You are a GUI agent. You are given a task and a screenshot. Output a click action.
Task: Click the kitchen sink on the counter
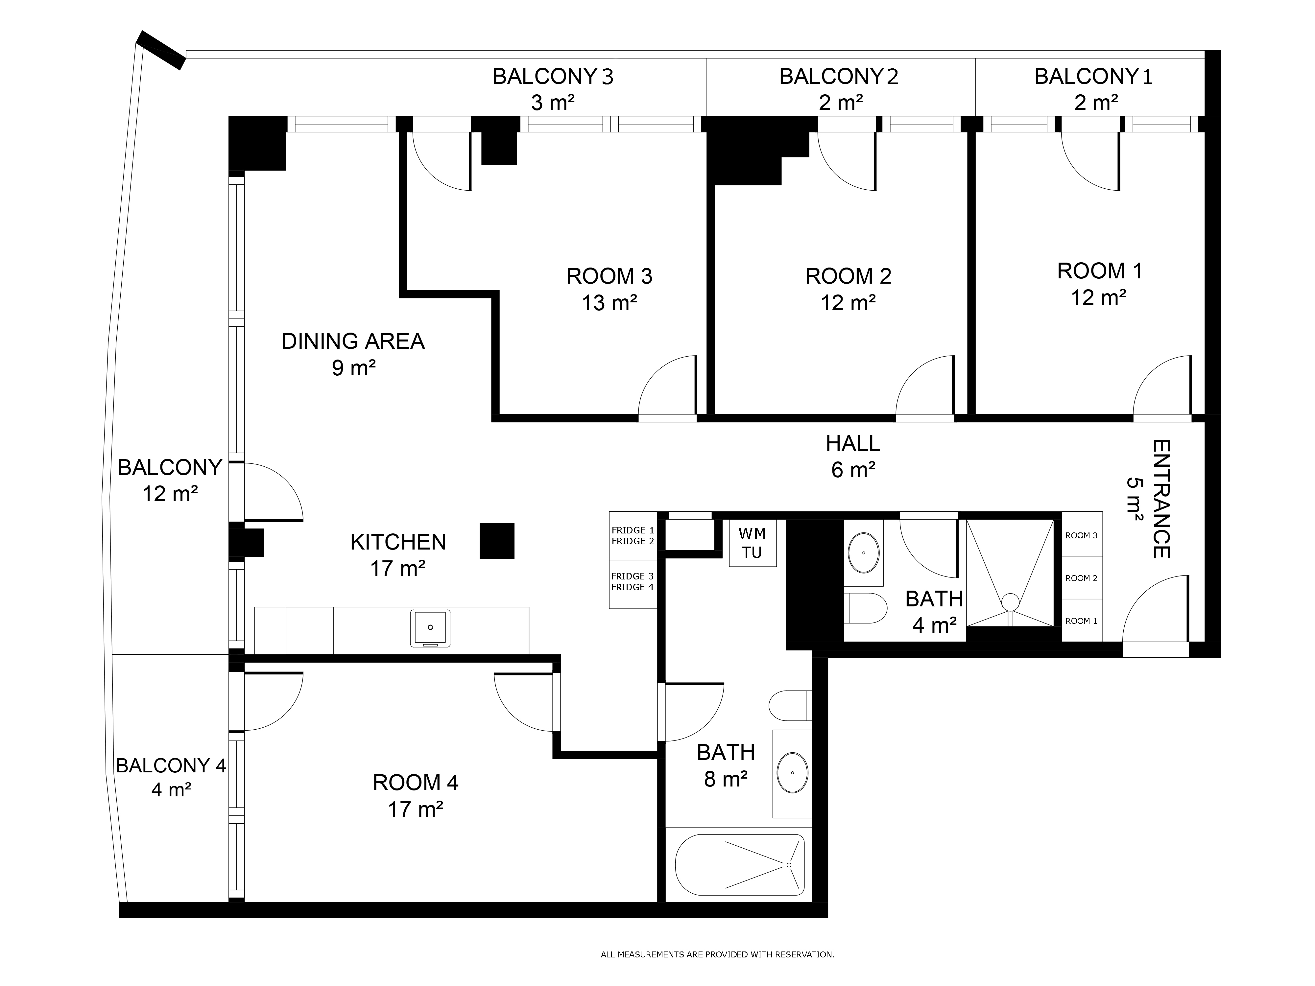tap(430, 628)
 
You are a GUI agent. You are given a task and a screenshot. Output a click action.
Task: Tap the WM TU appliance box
tap(753, 543)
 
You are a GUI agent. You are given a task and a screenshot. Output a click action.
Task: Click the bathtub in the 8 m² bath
tap(740, 865)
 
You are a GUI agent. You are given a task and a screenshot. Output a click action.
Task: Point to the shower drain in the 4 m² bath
tap(1010, 602)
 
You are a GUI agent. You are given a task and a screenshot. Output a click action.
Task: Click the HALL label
tap(852, 443)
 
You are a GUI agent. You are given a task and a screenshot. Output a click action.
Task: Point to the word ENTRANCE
tap(1161, 499)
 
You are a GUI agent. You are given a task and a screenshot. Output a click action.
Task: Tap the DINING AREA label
tap(353, 341)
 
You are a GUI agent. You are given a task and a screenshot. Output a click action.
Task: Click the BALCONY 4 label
tap(171, 765)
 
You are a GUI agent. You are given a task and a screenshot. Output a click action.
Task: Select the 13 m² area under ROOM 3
tap(610, 303)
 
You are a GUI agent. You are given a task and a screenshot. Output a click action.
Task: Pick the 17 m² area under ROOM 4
tap(416, 810)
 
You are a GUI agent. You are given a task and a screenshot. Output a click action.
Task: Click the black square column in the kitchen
tap(497, 541)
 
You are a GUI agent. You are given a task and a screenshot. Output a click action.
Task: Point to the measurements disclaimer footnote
tap(718, 954)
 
